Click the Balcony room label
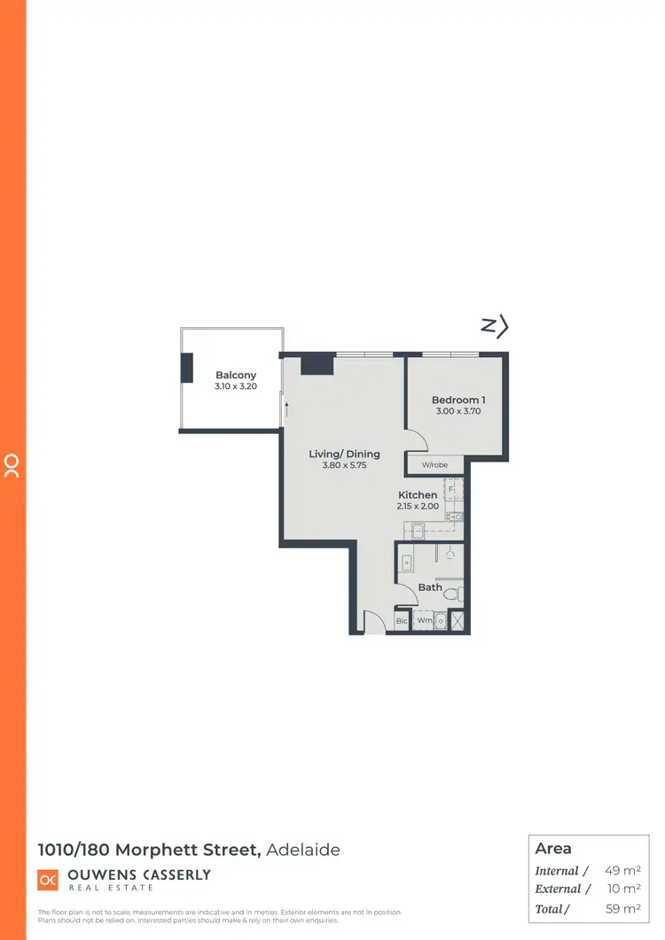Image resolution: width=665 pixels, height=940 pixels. coord(236,376)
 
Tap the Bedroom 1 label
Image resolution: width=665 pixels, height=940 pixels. coord(458,400)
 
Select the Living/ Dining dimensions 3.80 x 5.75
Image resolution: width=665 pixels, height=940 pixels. coord(344,465)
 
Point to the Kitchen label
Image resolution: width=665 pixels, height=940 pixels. coord(417,495)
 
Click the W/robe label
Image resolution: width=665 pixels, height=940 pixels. coord(434,465)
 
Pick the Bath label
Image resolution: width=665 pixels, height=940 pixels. coord(430,587)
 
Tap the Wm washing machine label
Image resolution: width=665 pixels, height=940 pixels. coord(425,621)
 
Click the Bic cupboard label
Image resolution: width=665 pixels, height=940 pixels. coord(401,622)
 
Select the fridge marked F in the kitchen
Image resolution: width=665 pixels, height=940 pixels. coord(452,488)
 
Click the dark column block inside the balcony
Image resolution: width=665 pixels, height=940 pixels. coord(187,368)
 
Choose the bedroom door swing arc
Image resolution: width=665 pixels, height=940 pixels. coord(415,439)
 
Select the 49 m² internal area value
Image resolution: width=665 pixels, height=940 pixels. coord(623,871)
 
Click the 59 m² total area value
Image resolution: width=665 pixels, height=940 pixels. coord(623,908)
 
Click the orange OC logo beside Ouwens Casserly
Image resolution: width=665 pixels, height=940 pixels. coord(48,880)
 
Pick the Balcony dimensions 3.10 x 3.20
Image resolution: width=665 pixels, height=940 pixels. coord(236,387)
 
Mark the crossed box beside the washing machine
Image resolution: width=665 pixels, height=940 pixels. coord(458,621)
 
